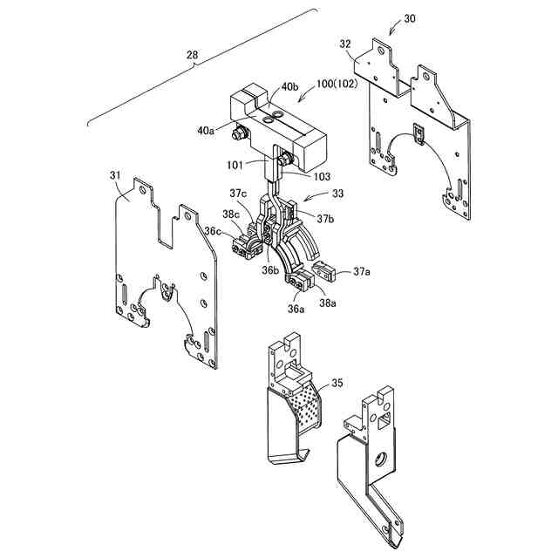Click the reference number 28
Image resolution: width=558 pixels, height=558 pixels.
[192, 56]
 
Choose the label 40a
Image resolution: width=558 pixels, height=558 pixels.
[206, 131]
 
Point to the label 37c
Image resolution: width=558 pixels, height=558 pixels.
[239, 193]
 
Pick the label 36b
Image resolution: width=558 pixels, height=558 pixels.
[270, 270]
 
